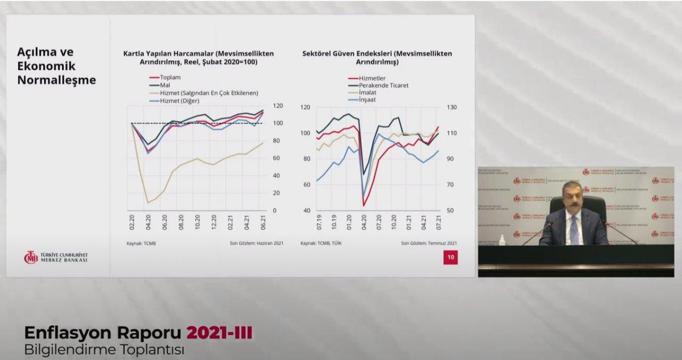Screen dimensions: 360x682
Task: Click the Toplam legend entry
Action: tap(170, 77)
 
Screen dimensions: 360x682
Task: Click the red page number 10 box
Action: tap(450, 258)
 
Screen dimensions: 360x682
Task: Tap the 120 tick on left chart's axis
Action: tap(278, 106)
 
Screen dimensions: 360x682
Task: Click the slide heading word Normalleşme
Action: tap(56, 80)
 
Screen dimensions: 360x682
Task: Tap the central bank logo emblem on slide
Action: tap(31, 257)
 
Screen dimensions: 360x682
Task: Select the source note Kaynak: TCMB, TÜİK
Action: tap(322, 243)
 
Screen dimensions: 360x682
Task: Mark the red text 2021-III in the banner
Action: tap(220, 333)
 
